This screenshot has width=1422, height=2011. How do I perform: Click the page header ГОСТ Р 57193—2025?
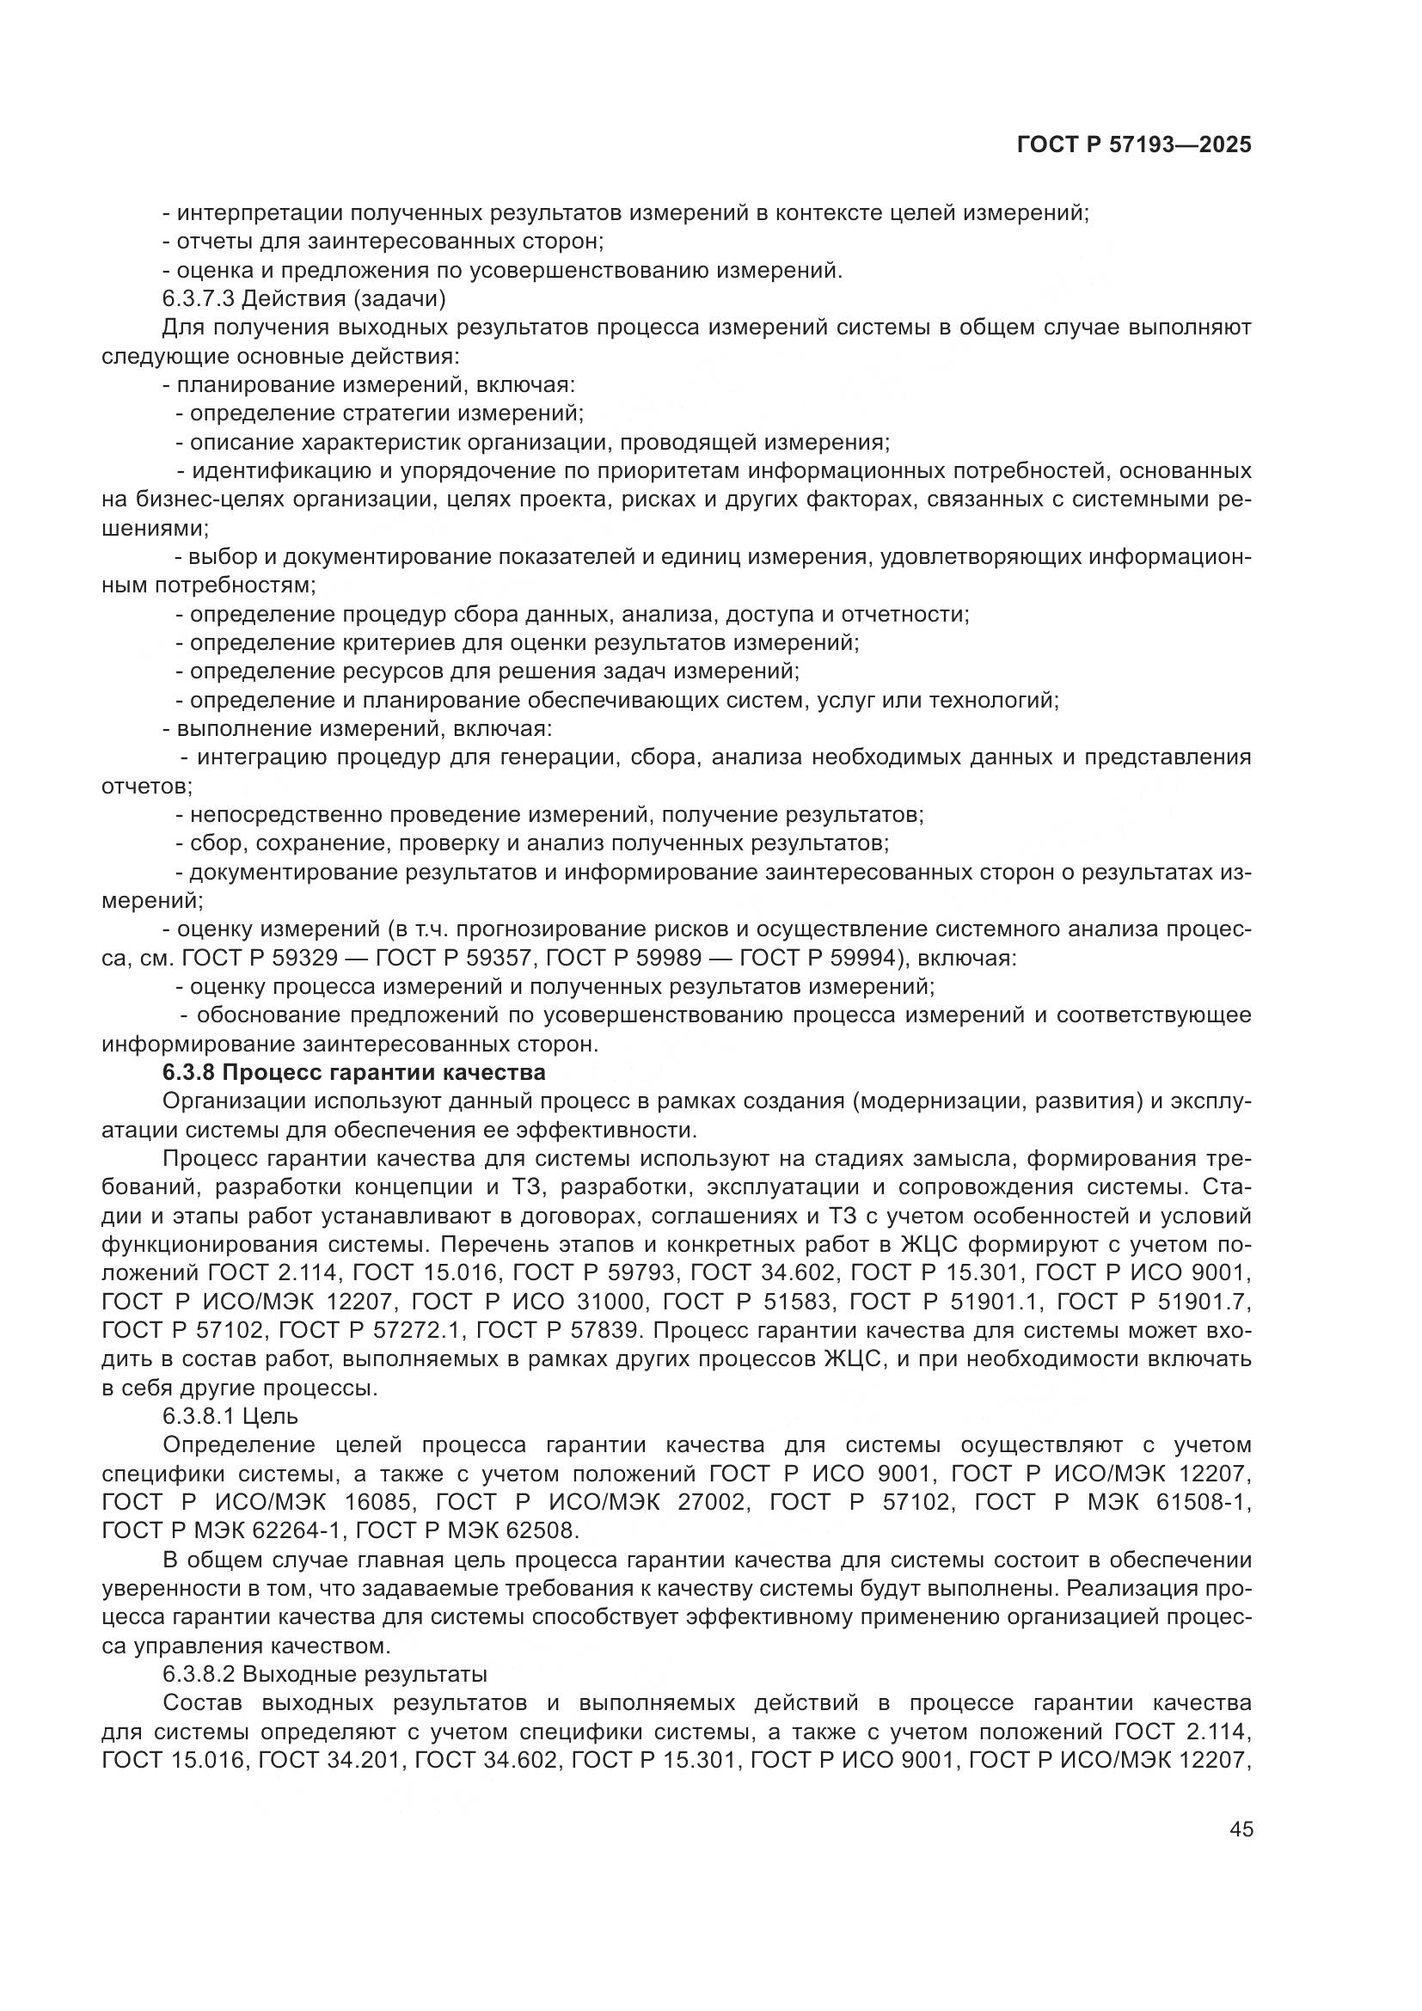click(1133, 145)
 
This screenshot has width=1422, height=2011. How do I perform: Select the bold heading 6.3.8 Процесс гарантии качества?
click(353, 1072)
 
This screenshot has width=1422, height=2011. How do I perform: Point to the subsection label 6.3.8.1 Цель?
click(230, 1416)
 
